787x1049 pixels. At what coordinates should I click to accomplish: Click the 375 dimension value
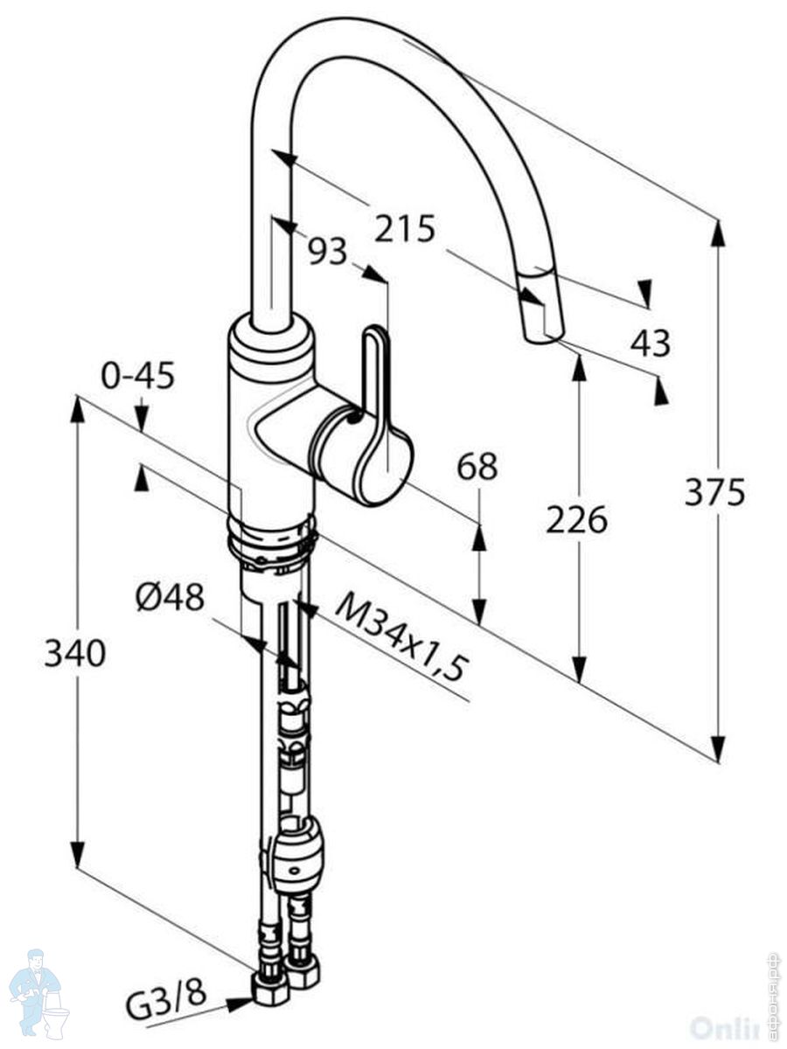(714, 493)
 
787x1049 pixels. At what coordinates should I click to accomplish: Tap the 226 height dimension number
(576, 521)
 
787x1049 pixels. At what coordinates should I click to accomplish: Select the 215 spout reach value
(405, 229)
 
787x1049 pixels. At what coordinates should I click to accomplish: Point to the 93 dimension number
(327, 252)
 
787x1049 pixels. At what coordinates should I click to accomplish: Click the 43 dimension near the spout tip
(651, 343)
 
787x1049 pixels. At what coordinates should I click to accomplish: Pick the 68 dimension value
(477, 467)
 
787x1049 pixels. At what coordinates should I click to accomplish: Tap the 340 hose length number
(75, 653)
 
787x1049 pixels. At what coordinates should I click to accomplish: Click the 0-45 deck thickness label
(138, 376)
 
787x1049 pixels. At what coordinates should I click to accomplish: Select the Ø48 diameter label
(170, 598)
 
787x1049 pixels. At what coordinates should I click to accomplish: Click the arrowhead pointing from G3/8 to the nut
(240, 1004)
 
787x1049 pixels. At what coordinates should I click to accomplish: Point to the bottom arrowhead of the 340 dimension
(77, 856)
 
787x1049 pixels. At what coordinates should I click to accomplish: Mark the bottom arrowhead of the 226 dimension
(578, 670)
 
